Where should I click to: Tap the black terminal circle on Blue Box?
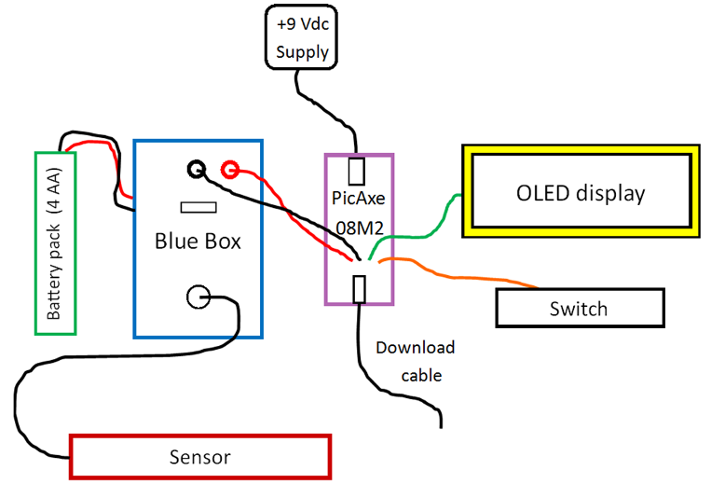pos(197,169)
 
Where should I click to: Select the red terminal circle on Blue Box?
pos(229,169)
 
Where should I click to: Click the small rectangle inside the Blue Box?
pos(198,208)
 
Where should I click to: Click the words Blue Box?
pos(198,242)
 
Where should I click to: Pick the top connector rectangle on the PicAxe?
pos(356,171)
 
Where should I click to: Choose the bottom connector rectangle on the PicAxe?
pos(359,290)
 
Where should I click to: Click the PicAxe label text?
pos(359,198)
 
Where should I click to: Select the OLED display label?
pos(581,194)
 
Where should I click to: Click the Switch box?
pos(579,309)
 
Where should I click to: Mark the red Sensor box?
pos(199,457)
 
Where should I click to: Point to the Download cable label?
pos(415,362)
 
